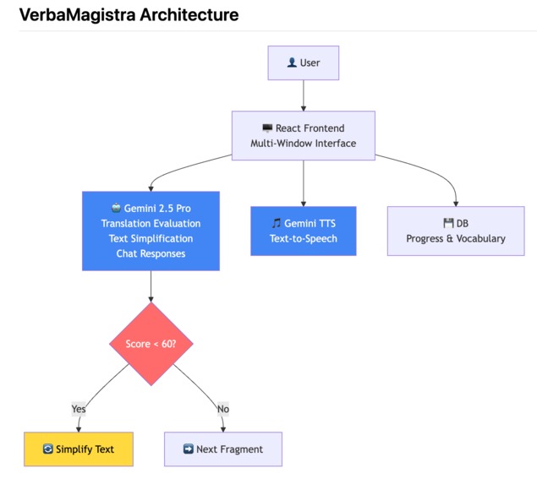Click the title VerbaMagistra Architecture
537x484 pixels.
pos(129,15)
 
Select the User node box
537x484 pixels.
pos(303,63)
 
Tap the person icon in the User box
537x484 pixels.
pos(292,63)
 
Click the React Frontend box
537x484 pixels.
pos(303,135)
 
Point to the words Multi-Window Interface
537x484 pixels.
pos(303,144)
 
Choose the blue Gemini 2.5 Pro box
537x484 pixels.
pos(151,231)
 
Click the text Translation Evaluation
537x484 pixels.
pos(151,223)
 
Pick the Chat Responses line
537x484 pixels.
pos(151,253)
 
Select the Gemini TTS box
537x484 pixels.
pos(304,231)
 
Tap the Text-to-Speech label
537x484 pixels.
pos(304,238)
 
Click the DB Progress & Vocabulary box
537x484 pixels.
pos(455,231)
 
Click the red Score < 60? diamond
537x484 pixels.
pos(151,344)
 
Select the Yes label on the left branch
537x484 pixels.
pos(79,409)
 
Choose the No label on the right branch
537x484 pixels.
pos(223,409)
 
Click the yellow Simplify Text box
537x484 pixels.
pos(78,449)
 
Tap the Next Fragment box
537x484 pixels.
pos(222,449)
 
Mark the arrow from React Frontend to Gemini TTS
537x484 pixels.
pos(303,182)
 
